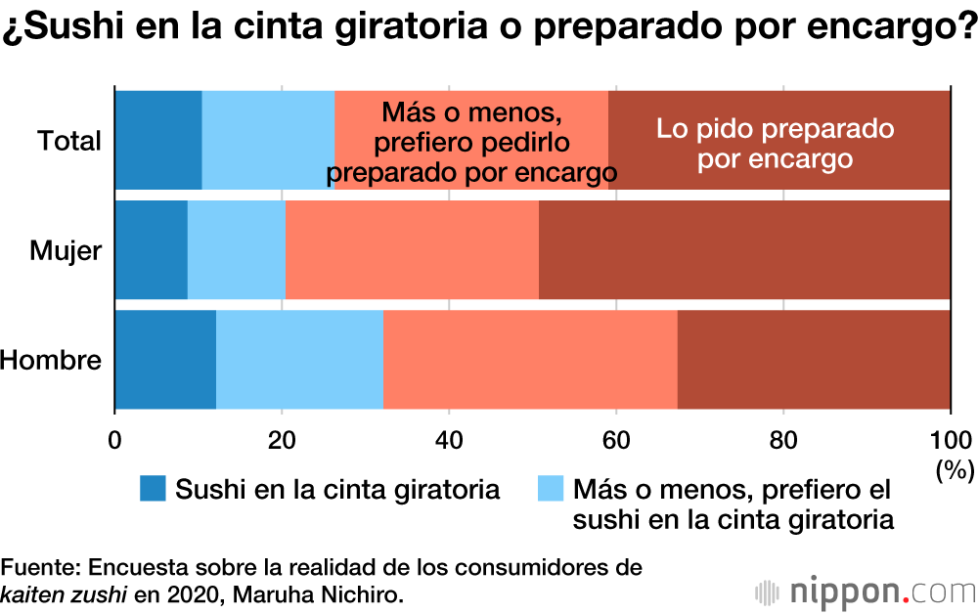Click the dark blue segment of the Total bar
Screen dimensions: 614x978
pos(158,139)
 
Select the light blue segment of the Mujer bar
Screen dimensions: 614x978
pos(236,249)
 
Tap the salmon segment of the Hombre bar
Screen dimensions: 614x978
pos(529,360)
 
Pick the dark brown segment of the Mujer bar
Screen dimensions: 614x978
pos(743,249)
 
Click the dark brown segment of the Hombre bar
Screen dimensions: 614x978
pos(813,360)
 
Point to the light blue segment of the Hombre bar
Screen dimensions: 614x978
pos(299,360)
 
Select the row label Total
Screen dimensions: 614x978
pos(69,141)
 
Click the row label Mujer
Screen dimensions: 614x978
pos(66,251)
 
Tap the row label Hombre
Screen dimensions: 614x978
pos(51,361)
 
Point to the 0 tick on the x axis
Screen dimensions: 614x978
pos(115,439)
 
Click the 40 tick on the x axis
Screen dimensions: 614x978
pos(449,439)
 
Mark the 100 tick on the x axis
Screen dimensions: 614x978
pos(950,439)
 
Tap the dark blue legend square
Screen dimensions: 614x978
pos(153,489)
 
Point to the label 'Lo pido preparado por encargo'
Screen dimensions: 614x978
pos(776,143)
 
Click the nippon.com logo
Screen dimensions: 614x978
pos(866,592)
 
